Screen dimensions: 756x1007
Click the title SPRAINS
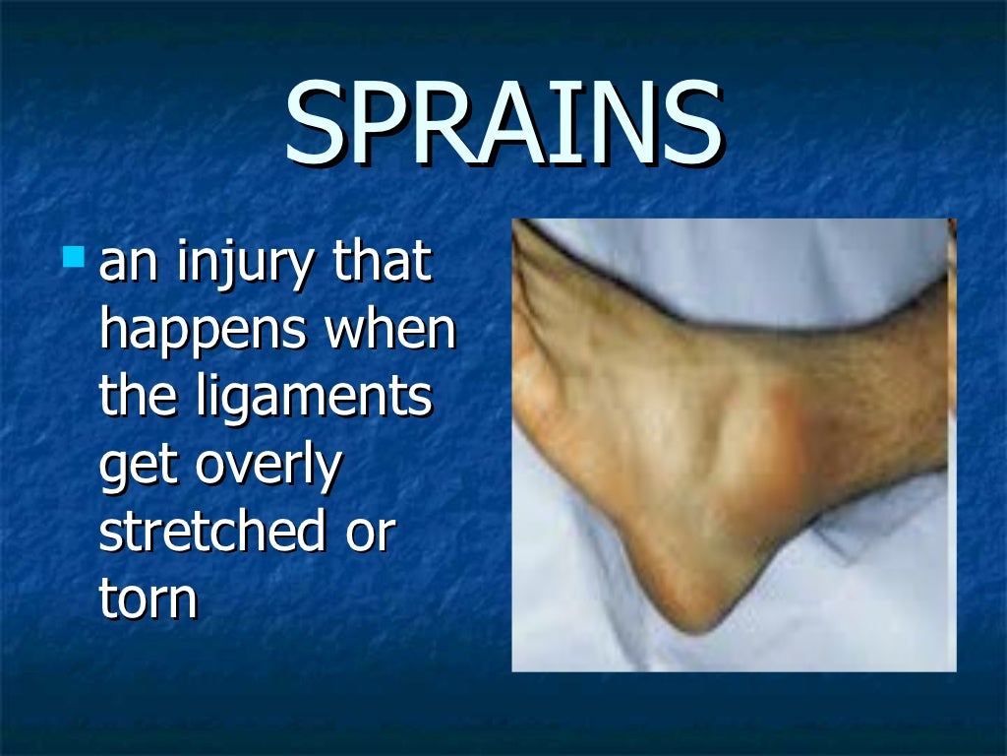click(503, 125)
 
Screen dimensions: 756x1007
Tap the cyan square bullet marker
click(74, 258)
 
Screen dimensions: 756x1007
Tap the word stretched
click(211, 532)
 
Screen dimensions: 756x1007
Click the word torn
click(148, 598)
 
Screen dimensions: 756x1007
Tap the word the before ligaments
click(138, 398)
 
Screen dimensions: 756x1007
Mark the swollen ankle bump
click(777, 443)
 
